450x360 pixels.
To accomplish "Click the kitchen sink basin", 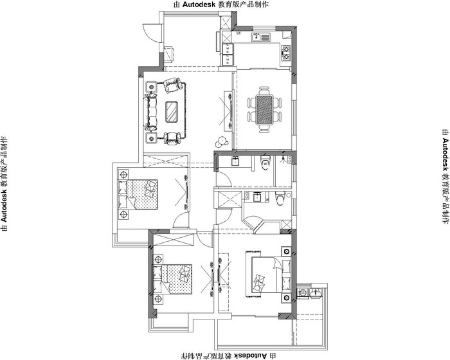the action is click(256, 37).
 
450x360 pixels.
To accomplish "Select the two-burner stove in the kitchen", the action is click(286, 53).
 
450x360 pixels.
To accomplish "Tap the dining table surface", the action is click(264, 109).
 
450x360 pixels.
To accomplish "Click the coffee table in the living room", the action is click(172, 112).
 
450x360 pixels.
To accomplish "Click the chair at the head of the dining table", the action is click(264, 91).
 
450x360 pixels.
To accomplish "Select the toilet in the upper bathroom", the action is click(265, 163).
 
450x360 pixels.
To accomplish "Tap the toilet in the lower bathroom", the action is click(280, 198).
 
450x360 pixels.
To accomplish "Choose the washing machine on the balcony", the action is click(302, 292).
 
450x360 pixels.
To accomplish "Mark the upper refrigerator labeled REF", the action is click(228, 49).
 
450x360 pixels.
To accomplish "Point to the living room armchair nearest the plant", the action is click(172, 138).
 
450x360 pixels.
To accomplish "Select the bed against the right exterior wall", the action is click(271, 274).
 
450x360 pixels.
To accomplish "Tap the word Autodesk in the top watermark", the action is click(198, 4).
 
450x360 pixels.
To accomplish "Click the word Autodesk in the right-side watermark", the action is click(446, 154).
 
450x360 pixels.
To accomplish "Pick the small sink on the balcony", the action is click(316, 292).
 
